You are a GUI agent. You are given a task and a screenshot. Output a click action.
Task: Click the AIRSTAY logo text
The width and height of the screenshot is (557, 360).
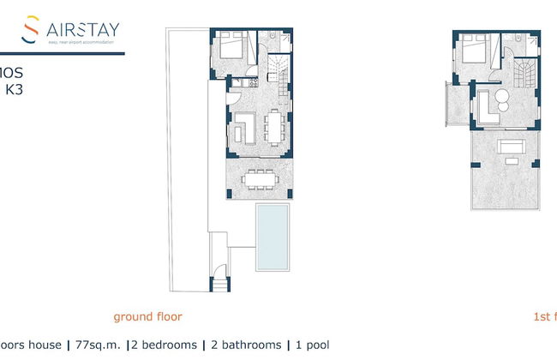[84, 31]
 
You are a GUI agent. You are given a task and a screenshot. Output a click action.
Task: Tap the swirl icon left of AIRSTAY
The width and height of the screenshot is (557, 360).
[32, 29]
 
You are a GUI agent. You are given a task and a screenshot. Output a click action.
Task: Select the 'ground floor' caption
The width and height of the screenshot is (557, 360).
[147, 316]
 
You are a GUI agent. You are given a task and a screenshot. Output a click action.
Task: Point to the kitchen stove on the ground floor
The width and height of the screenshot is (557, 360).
[254, 83]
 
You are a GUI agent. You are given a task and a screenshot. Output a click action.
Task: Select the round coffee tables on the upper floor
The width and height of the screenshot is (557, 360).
[503, 103]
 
